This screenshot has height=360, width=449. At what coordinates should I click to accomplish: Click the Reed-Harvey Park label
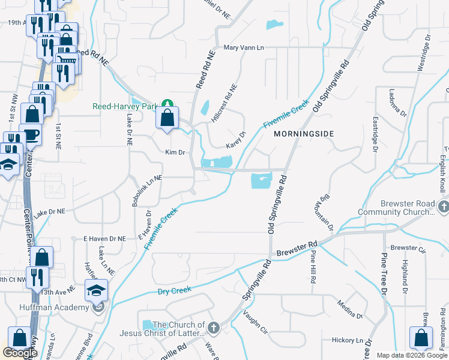124,106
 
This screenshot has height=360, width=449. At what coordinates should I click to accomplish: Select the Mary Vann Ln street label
243,47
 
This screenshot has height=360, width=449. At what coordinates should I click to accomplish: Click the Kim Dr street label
175,152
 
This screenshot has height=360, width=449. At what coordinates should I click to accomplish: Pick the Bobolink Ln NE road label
147,191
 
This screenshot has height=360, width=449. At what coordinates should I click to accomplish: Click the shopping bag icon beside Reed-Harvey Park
167,118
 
